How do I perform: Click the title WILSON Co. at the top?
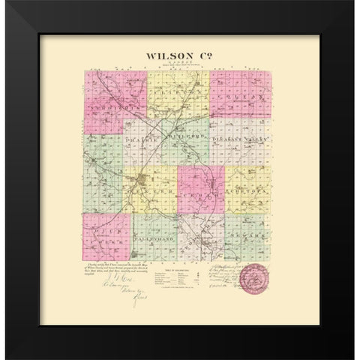pyautogui.click(x=176, y=55)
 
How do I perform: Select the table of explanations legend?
pyautogui.click(x=178, y=278)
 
